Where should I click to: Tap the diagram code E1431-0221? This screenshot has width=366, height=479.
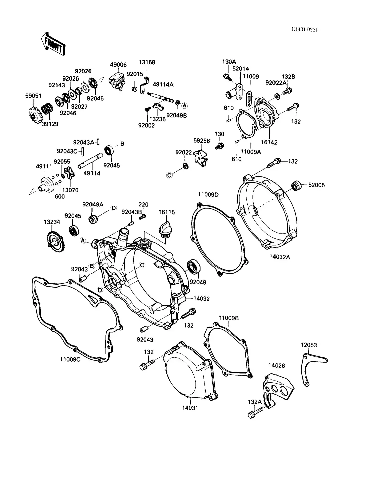[x=304, y=29]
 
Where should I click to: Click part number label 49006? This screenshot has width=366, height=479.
[x=118, y=65]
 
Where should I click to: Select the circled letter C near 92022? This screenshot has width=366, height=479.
[x=169, y=175]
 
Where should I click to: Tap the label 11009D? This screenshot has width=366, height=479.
[x=208, y=194]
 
